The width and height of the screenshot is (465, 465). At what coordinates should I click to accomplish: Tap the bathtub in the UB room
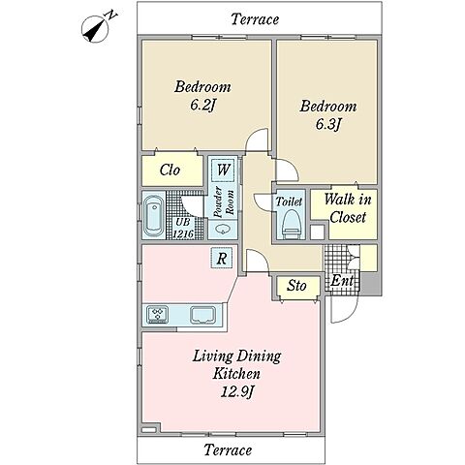tap(153, 215)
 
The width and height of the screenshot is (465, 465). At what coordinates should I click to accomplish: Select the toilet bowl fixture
tap(291, 224)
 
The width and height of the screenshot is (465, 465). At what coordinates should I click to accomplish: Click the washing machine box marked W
tap(223, 170)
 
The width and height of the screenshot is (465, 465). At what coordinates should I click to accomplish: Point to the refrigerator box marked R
tap(221, 259)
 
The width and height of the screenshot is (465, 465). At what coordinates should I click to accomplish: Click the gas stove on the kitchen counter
tap(157, 314)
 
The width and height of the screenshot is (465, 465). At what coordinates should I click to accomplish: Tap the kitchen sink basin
tap(202, 315)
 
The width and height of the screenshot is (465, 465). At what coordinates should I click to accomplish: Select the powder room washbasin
tap(223, 230)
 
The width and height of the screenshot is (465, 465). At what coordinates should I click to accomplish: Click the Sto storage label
tap(296, 286)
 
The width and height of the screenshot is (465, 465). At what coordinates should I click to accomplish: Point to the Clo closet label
tap(170, 170)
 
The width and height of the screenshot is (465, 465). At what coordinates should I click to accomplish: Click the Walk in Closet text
tap(348, 208)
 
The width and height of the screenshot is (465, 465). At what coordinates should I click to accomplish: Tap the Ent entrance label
tap(342, 280)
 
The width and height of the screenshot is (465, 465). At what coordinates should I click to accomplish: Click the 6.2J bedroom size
tap(202, 105)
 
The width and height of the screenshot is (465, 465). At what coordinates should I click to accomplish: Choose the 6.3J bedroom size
tap(327, 124)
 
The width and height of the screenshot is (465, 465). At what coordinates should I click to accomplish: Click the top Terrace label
tap(255, 19)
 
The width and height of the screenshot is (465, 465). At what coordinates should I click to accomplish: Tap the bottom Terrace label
tap(228, 449)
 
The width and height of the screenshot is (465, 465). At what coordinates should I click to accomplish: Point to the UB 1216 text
tap(183, 228)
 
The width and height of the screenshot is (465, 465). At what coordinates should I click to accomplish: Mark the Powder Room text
tap(224, 202)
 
